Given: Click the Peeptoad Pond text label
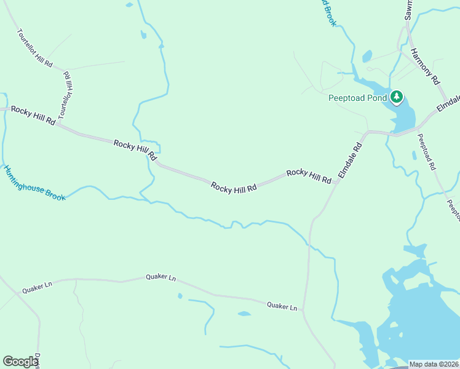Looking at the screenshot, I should pyautogui.click(x=357, y=98).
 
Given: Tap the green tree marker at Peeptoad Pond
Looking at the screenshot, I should pyautogui.click(x=397, y=97).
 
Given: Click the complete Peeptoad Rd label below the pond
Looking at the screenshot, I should pyautogui.click(x=427, y=152).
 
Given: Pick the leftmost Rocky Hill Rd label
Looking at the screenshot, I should pyautogui.click(x=33, y=115).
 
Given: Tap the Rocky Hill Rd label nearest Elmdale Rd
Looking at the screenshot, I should pyautogui.click(x=309, y=176).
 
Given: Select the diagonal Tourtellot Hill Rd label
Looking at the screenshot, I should pyautogui.click(x=35, y=47).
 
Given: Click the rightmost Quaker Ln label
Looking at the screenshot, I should pyautogui.click(x=282, y=305).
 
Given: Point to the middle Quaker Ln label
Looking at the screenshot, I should pyautogui.click(x=161, y=277).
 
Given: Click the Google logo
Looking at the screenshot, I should pyautogui.click(x=20, y=362).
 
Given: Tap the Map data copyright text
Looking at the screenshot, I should pyautogui.click(x=434, y=364).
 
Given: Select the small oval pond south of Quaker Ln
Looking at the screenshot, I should pyautogui.click(x=244, y=314).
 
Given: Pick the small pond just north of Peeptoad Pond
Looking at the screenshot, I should pyautogui.click(x=367, y=57).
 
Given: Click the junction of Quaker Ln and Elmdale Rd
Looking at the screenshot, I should pyautogui.click(x=304, y=311).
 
